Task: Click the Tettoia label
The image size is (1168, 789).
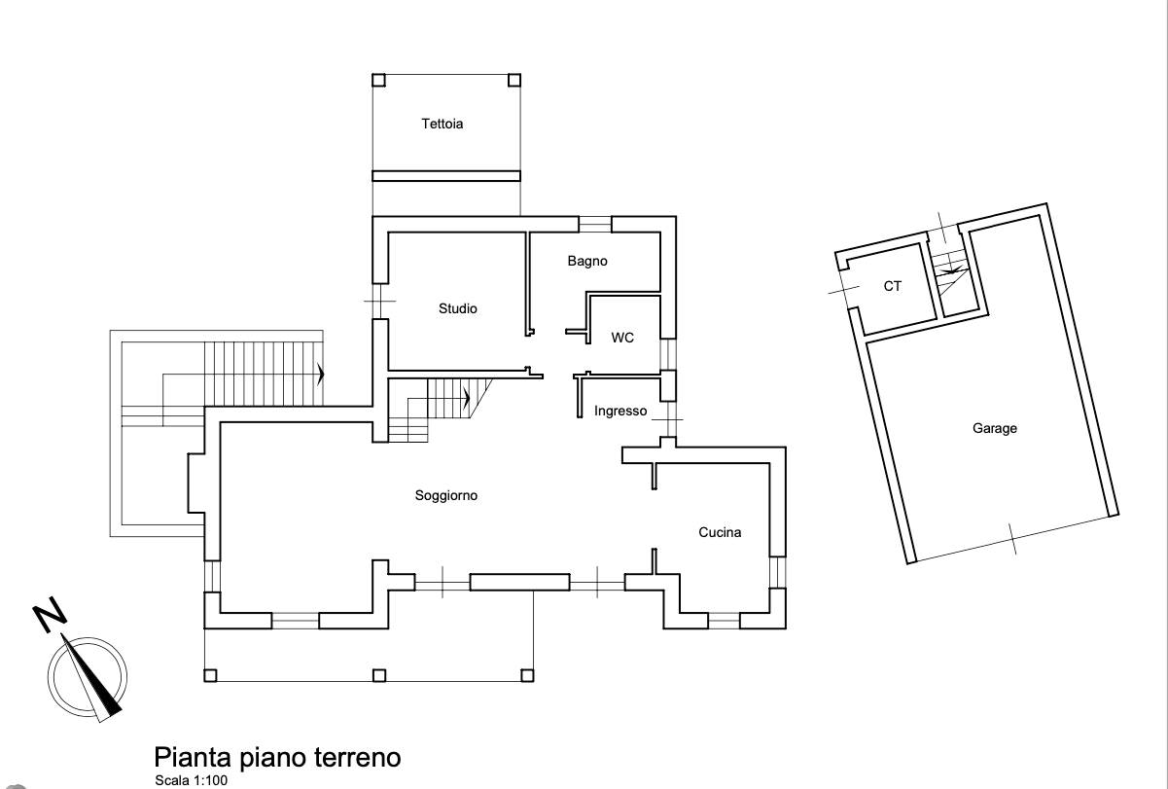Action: [x=442, y=125]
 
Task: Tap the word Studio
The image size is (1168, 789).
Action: [x=458, y=308]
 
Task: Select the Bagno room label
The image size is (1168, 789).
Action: [x=587, y=262]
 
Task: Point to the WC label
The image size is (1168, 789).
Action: [x=622, y=338]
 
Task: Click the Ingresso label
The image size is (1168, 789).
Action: [x=620, y=412]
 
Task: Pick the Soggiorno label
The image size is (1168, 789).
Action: [x=446, y=496]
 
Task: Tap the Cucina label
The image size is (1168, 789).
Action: [x=720, y=532]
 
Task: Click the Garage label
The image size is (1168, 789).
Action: [x=995, y=429]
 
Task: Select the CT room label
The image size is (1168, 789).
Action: [x=893, y=286]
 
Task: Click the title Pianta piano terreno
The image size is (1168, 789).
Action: [x=277, y=758]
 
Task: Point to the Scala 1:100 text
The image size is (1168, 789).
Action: [x=191, y=780]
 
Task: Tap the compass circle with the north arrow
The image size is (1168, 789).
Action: [x=88, y=677]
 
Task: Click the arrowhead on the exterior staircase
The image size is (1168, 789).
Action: [x=321, y=374]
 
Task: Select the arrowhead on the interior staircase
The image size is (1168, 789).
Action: [x=467, y=399]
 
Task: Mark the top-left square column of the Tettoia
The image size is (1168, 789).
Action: [x=378, y=81]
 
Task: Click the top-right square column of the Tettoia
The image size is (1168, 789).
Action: [x=514, y=81]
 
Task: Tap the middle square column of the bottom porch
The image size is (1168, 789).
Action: [x=379, y=676]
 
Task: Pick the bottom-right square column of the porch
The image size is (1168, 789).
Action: [x=527, y=676]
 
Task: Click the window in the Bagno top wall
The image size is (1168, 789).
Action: [x=595, y=224]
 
